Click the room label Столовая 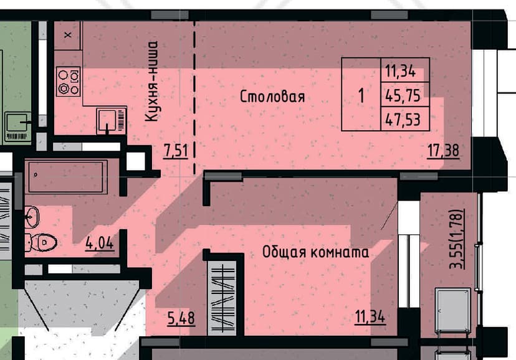(272, 97)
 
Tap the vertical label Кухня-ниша (151, 81)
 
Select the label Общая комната (315, 252)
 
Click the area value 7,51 (176, 151)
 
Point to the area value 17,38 (443, 151)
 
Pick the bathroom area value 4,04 (99, 244)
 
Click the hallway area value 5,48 (181, 318)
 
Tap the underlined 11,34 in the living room (370, 317)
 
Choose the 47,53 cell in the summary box (405, 119)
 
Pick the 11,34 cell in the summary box (405, 70)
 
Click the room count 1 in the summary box (361, 96)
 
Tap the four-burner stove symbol (69, 82)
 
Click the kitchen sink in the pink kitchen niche (112, 120)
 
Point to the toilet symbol (41, 243)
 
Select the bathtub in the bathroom (68, 176)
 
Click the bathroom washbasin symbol (32, 217)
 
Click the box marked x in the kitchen (68, 35)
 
